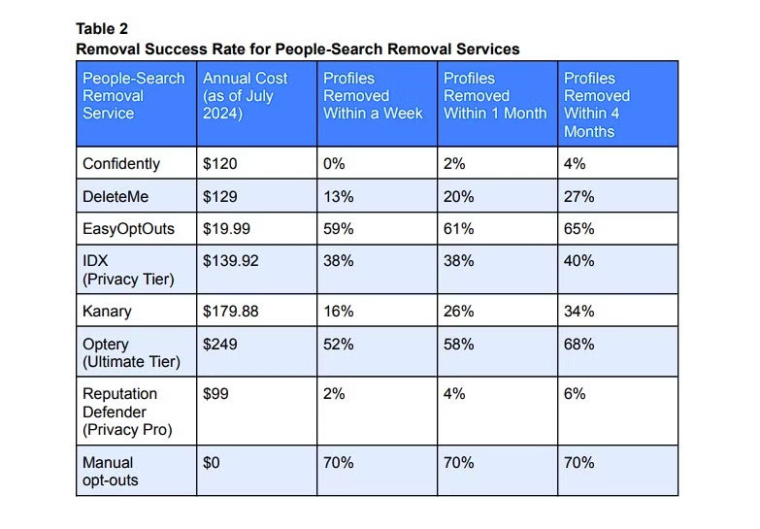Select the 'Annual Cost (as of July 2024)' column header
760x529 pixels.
[239, 96]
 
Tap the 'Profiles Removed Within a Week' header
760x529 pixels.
[373, 96]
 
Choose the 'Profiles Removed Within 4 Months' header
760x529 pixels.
[597, 105]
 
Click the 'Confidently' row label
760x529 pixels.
[121, 164]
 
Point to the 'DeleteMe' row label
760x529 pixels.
[115, 197]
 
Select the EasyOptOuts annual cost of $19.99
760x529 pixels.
[226, 230]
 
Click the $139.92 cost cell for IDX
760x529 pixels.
[230, 262]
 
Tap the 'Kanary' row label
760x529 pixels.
[106, 312]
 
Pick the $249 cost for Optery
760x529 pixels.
[218, 345]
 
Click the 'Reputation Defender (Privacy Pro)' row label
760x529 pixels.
[119, 412]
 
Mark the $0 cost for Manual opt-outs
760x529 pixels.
[212, 463]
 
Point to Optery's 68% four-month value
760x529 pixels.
[578, 345]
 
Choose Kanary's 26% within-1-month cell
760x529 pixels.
[458, 312]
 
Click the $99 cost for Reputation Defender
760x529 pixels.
[215, 394]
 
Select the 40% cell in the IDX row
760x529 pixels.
[578, 262]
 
